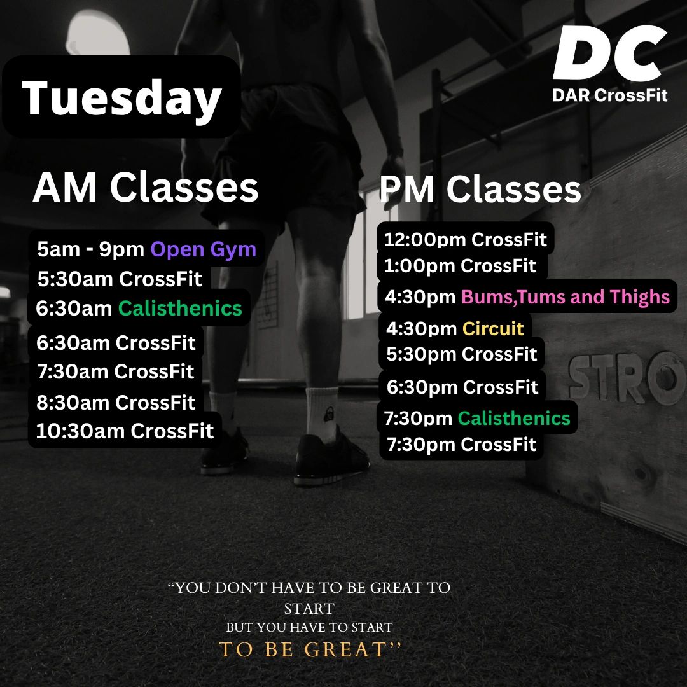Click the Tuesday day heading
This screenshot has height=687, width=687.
click(x=121, y=98)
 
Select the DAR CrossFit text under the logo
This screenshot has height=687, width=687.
click(x=609, y=95)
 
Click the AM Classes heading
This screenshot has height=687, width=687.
click(x=146, y=187)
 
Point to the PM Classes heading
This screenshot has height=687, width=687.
click(x=480, y=189)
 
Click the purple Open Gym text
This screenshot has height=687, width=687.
click(x=204, y=249)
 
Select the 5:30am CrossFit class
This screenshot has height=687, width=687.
click(x=120, y=279)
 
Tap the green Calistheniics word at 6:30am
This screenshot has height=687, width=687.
click(x=180, y=308)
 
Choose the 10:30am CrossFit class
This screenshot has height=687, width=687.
click(x=125, y=431)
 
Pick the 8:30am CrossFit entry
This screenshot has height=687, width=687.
click(x=116, y=402)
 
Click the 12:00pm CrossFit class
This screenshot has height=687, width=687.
click(x=465, y=239)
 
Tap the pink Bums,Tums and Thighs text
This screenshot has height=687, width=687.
click(x=566, y=296)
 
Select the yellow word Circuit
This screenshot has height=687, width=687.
click(x=493, y=328)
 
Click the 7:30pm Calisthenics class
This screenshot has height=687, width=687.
click(x=477, y=419)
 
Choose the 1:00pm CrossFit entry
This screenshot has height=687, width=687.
click(x=460, y=265)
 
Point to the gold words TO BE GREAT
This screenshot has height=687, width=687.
click(x=309, y=649)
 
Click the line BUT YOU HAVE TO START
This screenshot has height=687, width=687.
click(x=309, y=627)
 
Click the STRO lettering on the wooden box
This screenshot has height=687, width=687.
click(x=627, y=378)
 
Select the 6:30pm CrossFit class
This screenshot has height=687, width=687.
click(x=462, y=387)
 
